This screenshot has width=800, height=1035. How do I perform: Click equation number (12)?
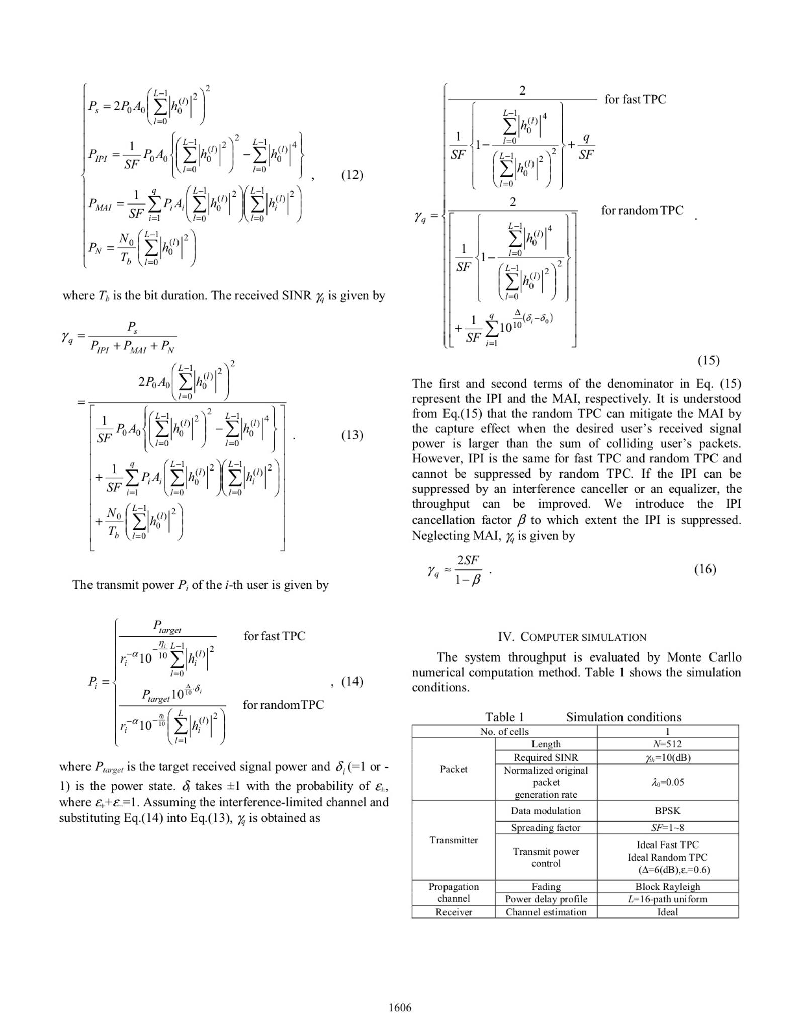pyautogui.click(x=352, y=175)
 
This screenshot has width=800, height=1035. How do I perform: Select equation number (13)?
pyautogui.click(x=352, y=435)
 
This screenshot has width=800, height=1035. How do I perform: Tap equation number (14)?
pyautogui.click(x=352, y=681)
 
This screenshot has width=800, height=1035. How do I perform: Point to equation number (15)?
pyautogui.click(x=708, y=360)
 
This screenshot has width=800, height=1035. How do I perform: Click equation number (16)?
pyautogui.click(x=705, y=569)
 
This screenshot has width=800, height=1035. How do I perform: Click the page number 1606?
pyautogui.click(x=400, y=1007)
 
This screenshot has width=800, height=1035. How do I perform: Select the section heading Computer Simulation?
pyautogui.click(x=572, y=637)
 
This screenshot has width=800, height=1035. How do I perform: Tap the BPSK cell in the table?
pyautogui.click(x=667, y=810)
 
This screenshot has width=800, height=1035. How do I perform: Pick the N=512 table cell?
pyautogui.click(x=667, y=744)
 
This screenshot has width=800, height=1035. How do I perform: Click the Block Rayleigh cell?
pyautogui.click(x=667, y=886)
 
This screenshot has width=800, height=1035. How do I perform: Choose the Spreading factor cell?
pyautogui.click(x=546, y=827)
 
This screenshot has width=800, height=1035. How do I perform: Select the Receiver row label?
pyautogui.click(x=454, y=912)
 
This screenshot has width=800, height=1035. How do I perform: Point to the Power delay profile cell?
pyautogui.click(x=546, y=899)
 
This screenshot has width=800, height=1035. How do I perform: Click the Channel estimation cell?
pyautogui.click(x=546, y=912)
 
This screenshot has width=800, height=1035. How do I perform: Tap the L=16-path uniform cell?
pyautogui.click(x=667, y=899)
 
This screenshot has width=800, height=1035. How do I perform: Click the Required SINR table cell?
pyautogui.click(x=546, y=757)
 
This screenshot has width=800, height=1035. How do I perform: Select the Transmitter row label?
pyautogui.click(x=454, y=840)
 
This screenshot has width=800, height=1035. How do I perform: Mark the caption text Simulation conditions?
pyautogui.click(x=624, y=717)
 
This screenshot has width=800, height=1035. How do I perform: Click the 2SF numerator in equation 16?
pyautogui.click(x=468, y=560)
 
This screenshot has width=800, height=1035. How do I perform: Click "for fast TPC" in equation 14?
pyautogui.click(x=275, y=636)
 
